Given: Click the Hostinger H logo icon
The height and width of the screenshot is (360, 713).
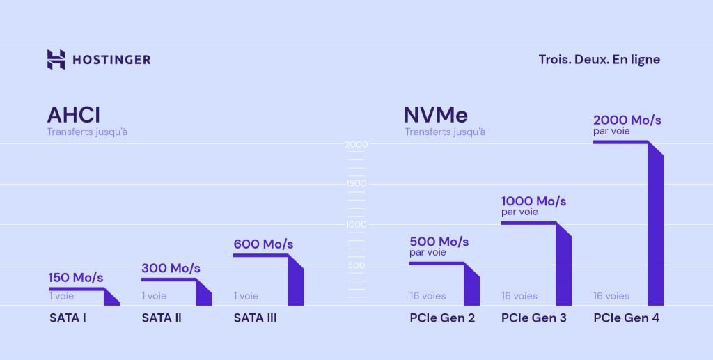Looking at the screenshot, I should (56, 60).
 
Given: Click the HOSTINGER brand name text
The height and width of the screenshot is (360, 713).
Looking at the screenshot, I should (111, 60).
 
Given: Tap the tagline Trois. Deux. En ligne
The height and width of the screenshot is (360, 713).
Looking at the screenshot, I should (599, 60).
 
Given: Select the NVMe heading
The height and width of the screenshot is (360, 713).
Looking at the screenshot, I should (436, 114).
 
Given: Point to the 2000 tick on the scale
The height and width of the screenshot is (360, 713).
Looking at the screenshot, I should (356, 144).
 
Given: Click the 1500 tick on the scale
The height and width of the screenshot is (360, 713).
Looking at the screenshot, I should (356, 184).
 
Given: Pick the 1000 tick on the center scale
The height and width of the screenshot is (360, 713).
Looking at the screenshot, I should (356, 225).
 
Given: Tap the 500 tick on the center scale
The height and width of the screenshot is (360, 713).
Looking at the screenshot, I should (356, 265).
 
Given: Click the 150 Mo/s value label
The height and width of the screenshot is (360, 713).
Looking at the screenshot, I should (75, 278).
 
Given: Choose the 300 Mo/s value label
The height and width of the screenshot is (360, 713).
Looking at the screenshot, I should (171, 268).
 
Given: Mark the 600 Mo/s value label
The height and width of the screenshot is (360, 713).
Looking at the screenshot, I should (263, 244).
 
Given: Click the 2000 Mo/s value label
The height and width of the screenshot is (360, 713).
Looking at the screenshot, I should (627, 120).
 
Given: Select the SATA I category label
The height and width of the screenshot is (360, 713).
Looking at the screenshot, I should (67, 319).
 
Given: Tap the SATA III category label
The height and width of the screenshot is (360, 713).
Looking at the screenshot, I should (255, 319).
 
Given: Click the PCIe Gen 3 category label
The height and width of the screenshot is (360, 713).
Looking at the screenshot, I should (533, 319).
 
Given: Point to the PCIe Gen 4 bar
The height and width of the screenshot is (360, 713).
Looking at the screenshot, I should (655, 230).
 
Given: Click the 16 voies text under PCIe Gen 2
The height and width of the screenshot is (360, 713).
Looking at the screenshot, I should (428, 296).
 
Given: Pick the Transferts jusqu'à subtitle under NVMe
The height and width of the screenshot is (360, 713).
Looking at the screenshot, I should (445, 132).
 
